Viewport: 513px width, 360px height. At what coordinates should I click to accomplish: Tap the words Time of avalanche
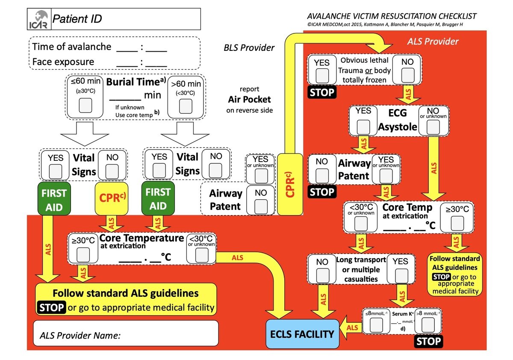72,47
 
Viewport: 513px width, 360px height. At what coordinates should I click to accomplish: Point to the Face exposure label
63,62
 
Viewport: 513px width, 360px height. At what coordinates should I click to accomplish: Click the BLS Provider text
249,48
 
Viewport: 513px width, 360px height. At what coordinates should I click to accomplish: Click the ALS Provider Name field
126,335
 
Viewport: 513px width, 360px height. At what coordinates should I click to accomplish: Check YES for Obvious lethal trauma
321,76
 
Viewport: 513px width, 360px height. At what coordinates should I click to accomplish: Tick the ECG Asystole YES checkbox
363,126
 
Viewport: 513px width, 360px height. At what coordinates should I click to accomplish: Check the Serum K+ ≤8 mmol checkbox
377,326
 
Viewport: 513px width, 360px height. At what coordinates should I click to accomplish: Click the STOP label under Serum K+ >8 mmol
428,341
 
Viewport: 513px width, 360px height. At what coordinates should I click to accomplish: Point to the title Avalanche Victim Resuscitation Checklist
392,17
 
